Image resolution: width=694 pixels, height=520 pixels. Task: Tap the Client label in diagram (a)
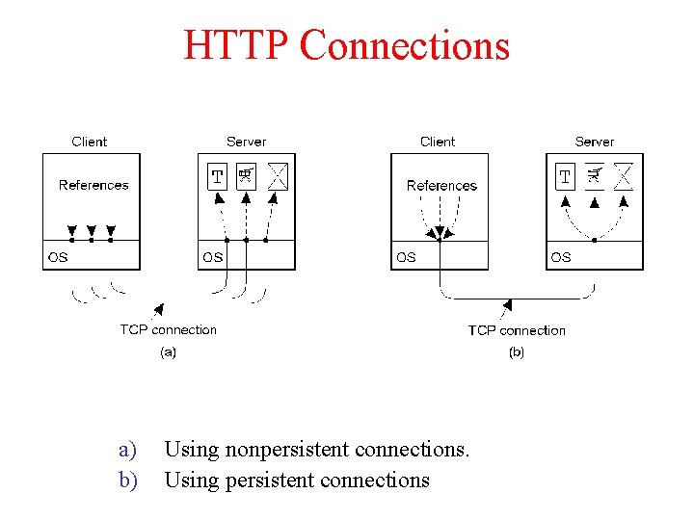90,142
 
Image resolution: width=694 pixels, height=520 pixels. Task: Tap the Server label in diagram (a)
246,142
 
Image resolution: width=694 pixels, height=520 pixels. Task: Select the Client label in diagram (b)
438,142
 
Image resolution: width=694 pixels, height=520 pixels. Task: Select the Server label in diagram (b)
594,142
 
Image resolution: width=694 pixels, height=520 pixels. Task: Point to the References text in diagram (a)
93,185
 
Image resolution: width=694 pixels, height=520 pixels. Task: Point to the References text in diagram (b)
441,185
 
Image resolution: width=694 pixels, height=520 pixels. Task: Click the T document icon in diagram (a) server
218,176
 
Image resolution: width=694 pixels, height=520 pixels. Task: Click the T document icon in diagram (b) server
566,176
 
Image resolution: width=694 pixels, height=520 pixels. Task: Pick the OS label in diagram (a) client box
58,257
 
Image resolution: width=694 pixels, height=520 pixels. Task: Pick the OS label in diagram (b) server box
561,257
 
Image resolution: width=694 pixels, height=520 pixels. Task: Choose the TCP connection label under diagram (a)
168,330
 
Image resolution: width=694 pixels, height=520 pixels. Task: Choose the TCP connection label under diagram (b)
517,330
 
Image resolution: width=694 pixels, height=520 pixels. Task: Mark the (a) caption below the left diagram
168,352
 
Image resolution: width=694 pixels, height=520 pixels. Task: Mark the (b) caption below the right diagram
517,352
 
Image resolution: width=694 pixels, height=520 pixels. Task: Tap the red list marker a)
127,449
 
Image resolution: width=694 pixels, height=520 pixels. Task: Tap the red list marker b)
127,480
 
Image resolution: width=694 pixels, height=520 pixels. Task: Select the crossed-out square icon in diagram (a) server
278,176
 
